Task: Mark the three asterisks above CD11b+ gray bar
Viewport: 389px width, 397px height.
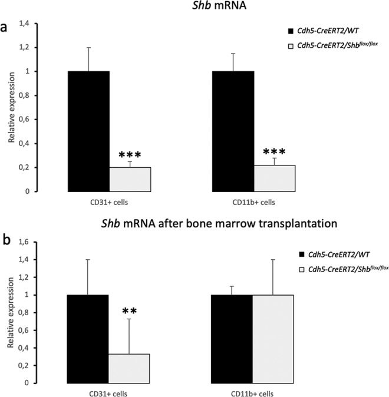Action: click(274, 153)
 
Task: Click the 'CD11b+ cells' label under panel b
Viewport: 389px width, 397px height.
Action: click(252, 391)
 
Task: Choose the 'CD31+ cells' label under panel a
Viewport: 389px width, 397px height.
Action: click(109, 201)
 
